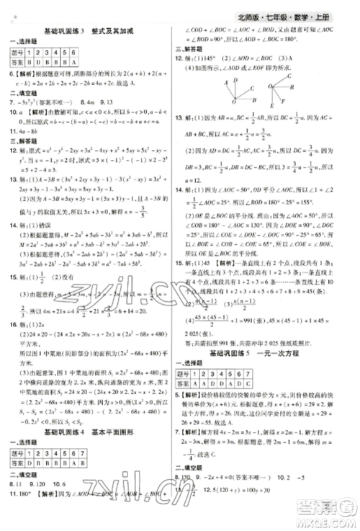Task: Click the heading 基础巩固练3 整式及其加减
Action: pos(94,31)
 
